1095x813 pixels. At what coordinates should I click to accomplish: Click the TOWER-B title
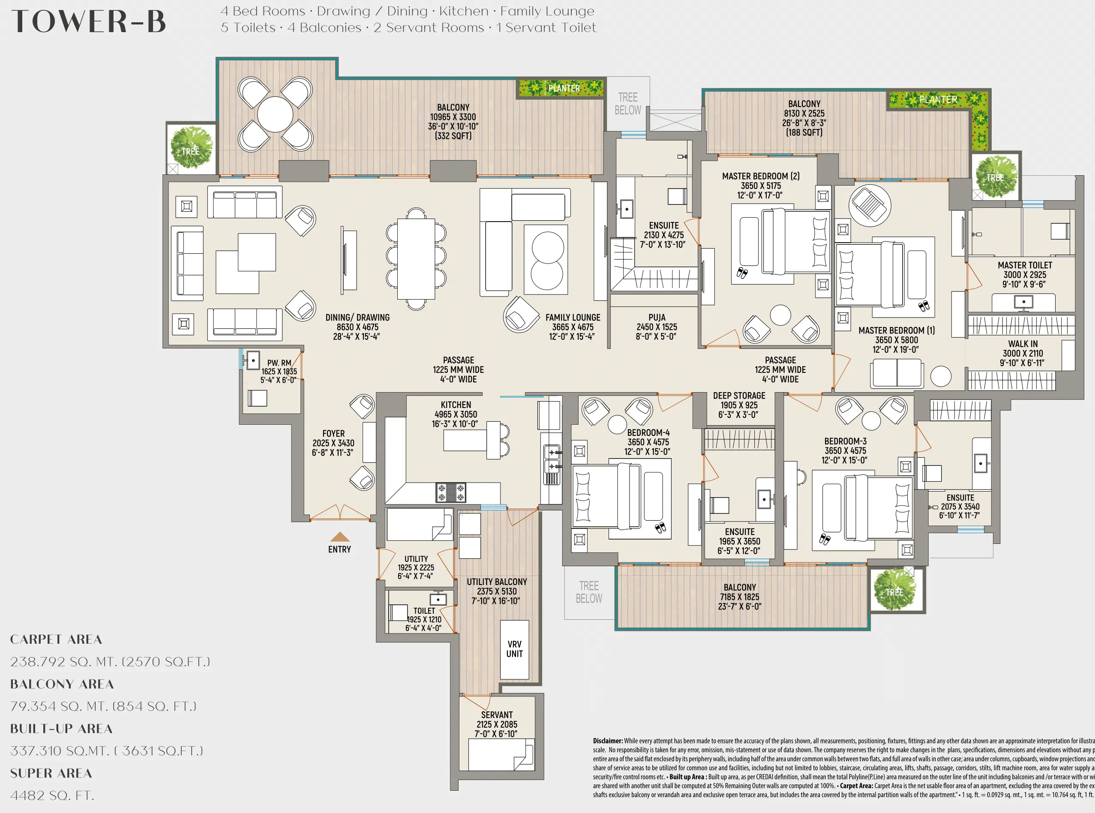pyautogui.click(x=89, y=22)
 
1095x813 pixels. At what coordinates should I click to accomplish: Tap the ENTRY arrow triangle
pyautogui.click(x=339, y=537)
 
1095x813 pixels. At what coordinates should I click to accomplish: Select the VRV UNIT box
pyautogui.click(x=514, y=650)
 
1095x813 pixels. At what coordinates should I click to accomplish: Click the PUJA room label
pyautogui.click(x=657, y=318)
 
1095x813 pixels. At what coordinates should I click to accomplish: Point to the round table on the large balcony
pyautogui.click(x=275, y=114)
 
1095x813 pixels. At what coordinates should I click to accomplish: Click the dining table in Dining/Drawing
pyautogui.click(x=416, y=259)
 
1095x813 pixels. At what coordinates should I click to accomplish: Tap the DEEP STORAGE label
pyautogui.click(x=739, y=396)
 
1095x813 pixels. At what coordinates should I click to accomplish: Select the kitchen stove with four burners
pyautogui.click(x=450, y=492)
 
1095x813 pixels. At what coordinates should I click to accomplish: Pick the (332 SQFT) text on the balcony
pyautogui.click(x=453, y=136)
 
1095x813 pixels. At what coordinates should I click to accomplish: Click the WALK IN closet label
pyautogui.click(x=1023, y=344)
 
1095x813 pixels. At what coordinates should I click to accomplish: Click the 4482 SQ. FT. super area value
pyautogui.click(x=52, y=796)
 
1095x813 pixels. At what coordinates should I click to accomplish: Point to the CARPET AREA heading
pyautogui.click(x=56, y=639)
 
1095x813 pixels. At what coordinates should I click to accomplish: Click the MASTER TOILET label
pyautogui.click(x=1025, y=265)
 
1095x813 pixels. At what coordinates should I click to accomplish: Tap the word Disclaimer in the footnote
pyautogui.click(x=607, y=741)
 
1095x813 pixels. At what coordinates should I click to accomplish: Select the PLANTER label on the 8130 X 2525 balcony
pyautogui.click(x=938, y=99)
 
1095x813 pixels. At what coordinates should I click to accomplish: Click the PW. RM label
pyautogui.click(x=279, y=363)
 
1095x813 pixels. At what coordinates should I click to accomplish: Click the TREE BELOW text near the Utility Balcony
pyautogui.click(x=588, y=592)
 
